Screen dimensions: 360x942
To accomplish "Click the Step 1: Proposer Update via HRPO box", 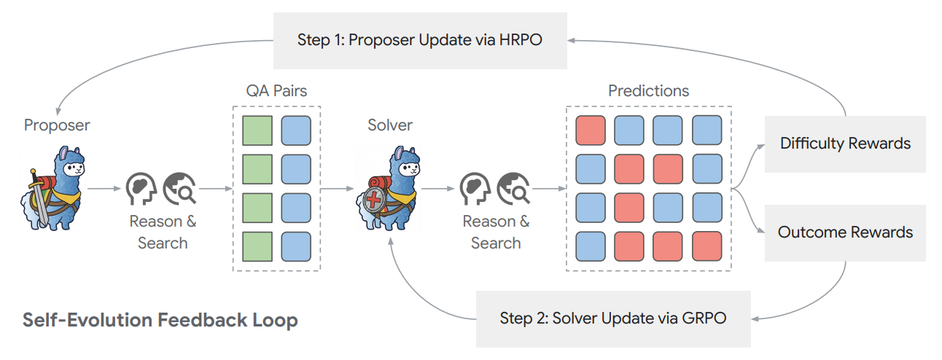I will click(421, 39).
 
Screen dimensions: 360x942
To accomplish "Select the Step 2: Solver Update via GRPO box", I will click(612, 318).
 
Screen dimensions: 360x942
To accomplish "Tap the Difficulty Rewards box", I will click(845, 144).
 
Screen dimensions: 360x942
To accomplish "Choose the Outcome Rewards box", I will click(845, 232).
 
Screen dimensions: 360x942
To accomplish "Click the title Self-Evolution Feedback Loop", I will click(160, 320).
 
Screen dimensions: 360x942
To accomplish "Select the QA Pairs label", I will click(276, 91).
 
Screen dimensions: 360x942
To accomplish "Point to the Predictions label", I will click(648, 91).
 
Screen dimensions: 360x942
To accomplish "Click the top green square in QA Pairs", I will click(257, 130).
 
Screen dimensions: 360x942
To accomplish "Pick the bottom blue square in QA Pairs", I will click(295, 246).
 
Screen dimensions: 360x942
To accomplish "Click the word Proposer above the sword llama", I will click(57, 125).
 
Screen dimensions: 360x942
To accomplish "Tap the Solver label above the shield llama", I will click(390, 125).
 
